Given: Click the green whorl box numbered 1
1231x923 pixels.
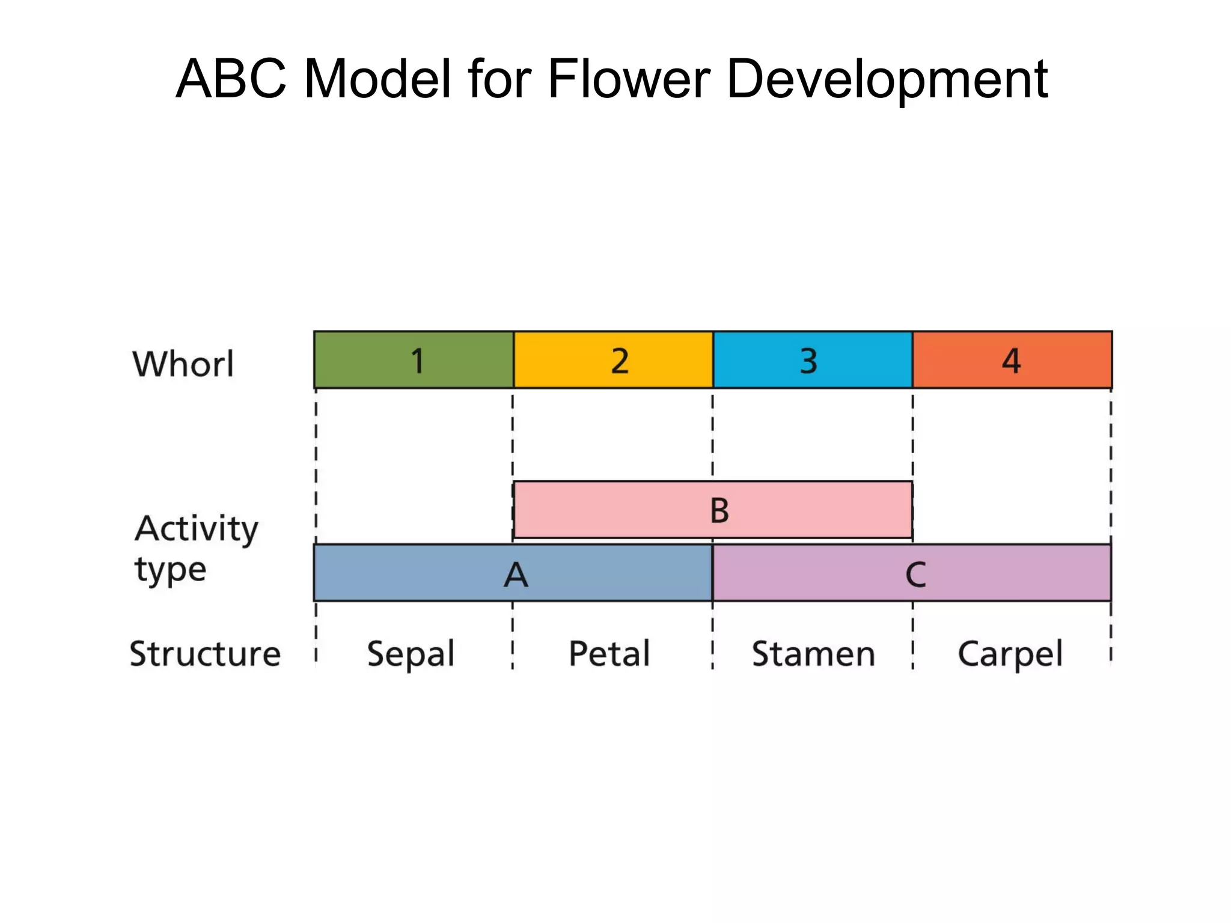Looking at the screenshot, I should (x=414, y=359).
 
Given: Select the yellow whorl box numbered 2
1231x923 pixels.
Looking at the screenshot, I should (x=613, y=359).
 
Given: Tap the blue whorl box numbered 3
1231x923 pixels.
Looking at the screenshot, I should (x=813, y=359).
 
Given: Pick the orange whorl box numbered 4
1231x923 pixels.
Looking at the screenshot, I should (x=1012, y=359).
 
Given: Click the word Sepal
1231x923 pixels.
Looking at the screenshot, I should (x=411, y=654).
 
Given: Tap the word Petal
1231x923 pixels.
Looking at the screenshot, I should (x=609, y=654).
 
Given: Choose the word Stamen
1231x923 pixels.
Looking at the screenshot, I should (x=813, y=654).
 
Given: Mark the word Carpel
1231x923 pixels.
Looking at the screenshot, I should (x=1010, y=654).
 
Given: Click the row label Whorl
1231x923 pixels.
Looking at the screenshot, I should (x=183, y=364).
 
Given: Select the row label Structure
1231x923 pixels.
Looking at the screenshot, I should (x=205, y=654).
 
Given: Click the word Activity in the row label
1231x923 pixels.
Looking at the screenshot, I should (x=196, y=529).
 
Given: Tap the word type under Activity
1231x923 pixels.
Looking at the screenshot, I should (x=170, y=570).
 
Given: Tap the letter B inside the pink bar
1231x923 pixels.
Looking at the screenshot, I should (x=719, y=511).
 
